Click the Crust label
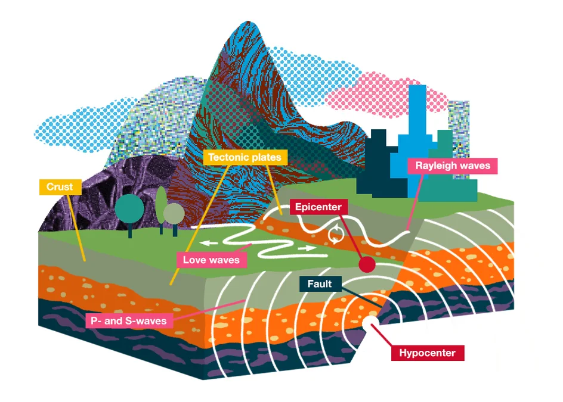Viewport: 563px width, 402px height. pos(60,187)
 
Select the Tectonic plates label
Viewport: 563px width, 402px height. pos(246,158)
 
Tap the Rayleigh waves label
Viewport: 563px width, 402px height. pos(453,166)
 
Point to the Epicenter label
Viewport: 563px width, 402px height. pos(318,207)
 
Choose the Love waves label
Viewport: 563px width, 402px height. pos(211,260)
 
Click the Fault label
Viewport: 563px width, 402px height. pos(320,284)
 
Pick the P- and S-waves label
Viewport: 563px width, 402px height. pos(128,321)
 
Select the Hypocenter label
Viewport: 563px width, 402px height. pos(427,353)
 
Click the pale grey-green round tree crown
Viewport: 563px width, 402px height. pos(174,213)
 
